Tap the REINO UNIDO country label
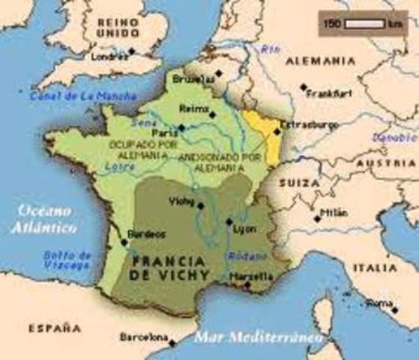(118, 28)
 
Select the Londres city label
(106, 56)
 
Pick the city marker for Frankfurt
(304, 88)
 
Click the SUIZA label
(296, 182)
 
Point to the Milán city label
(333, 212)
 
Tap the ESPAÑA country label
(54, 327)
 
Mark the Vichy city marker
(200, 205)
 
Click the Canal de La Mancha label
(83, 96)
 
